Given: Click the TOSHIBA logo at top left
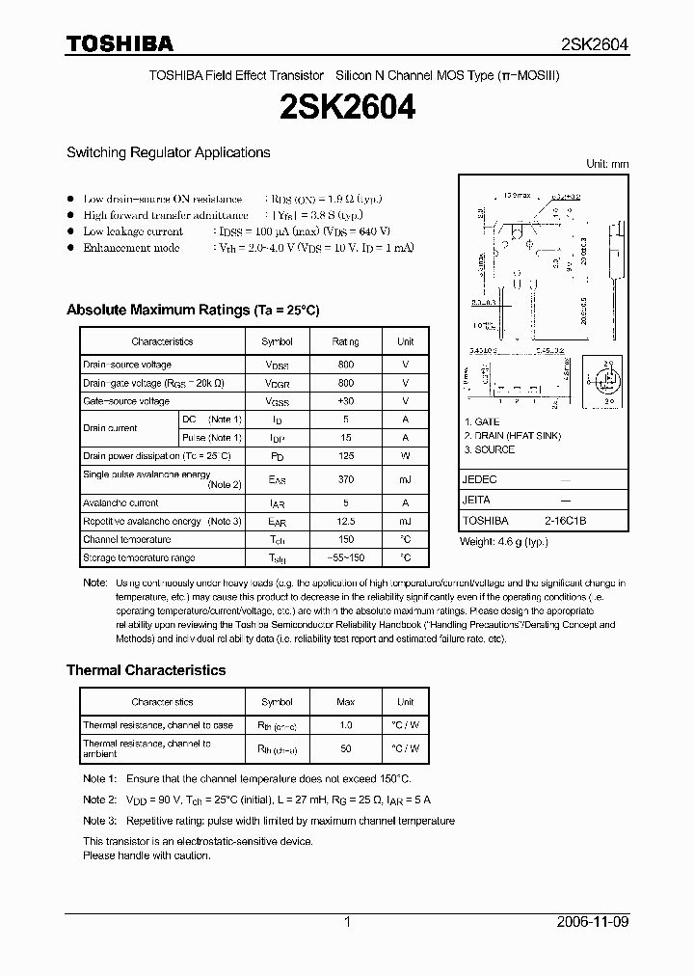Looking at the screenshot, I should click(x=120, y=43).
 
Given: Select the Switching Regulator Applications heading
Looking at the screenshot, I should click(x=168, y=152).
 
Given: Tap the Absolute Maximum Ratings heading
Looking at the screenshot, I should click(x=192, y=310).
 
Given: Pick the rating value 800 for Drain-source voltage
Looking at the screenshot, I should click(x=346, y=365).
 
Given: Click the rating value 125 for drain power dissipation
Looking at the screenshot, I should click(x=346, y=455).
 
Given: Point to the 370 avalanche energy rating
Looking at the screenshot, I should click(x=346, y=479).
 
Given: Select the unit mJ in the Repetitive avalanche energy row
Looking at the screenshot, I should click(x=405, y=521).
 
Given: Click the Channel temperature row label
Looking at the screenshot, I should click(x=127, y=540).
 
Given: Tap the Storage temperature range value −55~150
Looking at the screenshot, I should click(x=346, y=558).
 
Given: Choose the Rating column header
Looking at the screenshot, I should click(x=346, y=341).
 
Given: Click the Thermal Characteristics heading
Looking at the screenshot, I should click(x=146, y=670).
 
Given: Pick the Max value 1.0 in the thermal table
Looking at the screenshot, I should click(x=346, y=725).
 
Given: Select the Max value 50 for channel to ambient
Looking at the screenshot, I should click(x=346, y=748).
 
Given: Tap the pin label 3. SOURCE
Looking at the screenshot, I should click(x=489, y=449).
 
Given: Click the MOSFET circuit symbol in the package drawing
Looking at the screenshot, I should click(x=607, y=379).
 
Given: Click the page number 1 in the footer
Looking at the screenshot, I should click(x=347, y=922).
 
